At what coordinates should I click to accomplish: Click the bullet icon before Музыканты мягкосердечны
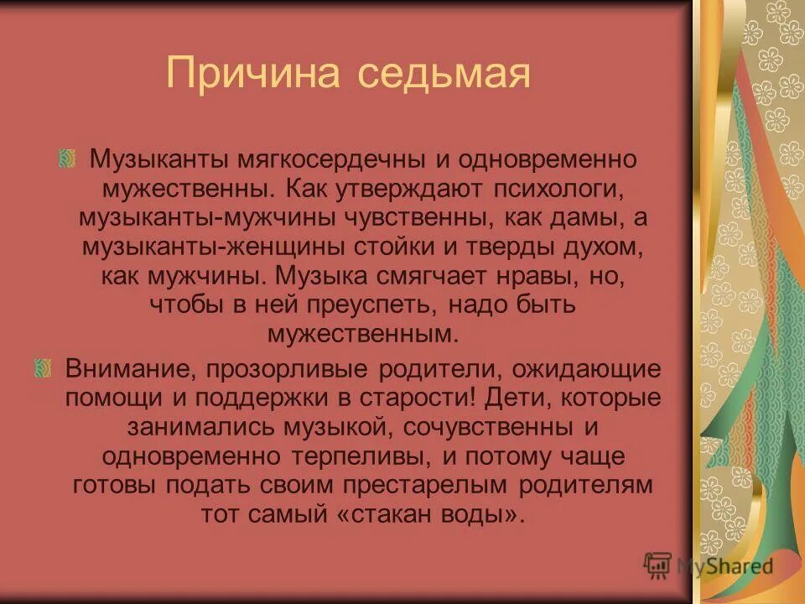(68, 159)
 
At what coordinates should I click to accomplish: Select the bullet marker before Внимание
(42, 368)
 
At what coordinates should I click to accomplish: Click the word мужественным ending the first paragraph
(364, 333)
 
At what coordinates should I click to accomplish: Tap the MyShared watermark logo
(709, 565)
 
